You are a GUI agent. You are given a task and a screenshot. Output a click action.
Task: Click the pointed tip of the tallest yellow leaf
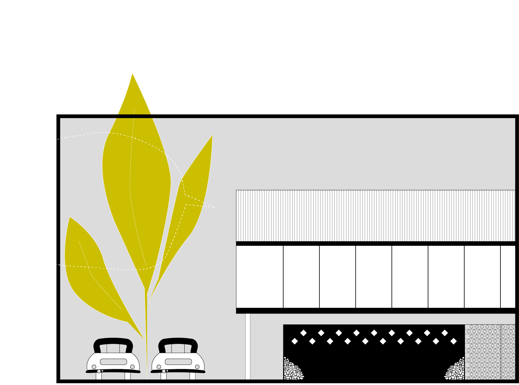tap(132, 74)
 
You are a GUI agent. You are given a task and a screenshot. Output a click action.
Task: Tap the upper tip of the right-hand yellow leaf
tap(212, 136)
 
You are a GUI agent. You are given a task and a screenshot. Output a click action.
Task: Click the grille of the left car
tap(114, 362)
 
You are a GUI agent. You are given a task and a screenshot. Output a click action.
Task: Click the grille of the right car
tap(178, 362)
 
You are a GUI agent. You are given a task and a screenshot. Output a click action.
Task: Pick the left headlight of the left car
tap(94, 367)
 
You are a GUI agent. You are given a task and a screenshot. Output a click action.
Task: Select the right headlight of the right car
tap(197, 367)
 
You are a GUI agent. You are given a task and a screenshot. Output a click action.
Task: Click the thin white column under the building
tap(248, 346)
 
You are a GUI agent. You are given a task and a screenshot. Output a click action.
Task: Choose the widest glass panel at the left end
tap(259, 277)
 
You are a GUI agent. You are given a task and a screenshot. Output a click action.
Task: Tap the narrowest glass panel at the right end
tap(508, 277)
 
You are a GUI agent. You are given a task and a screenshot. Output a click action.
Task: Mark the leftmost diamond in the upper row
tap(304, 333)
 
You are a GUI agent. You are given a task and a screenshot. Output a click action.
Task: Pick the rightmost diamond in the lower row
tap(454, 341)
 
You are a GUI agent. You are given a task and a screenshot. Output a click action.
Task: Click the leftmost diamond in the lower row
tap(295, 341)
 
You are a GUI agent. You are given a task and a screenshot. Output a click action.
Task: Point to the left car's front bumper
tap(113, 371)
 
